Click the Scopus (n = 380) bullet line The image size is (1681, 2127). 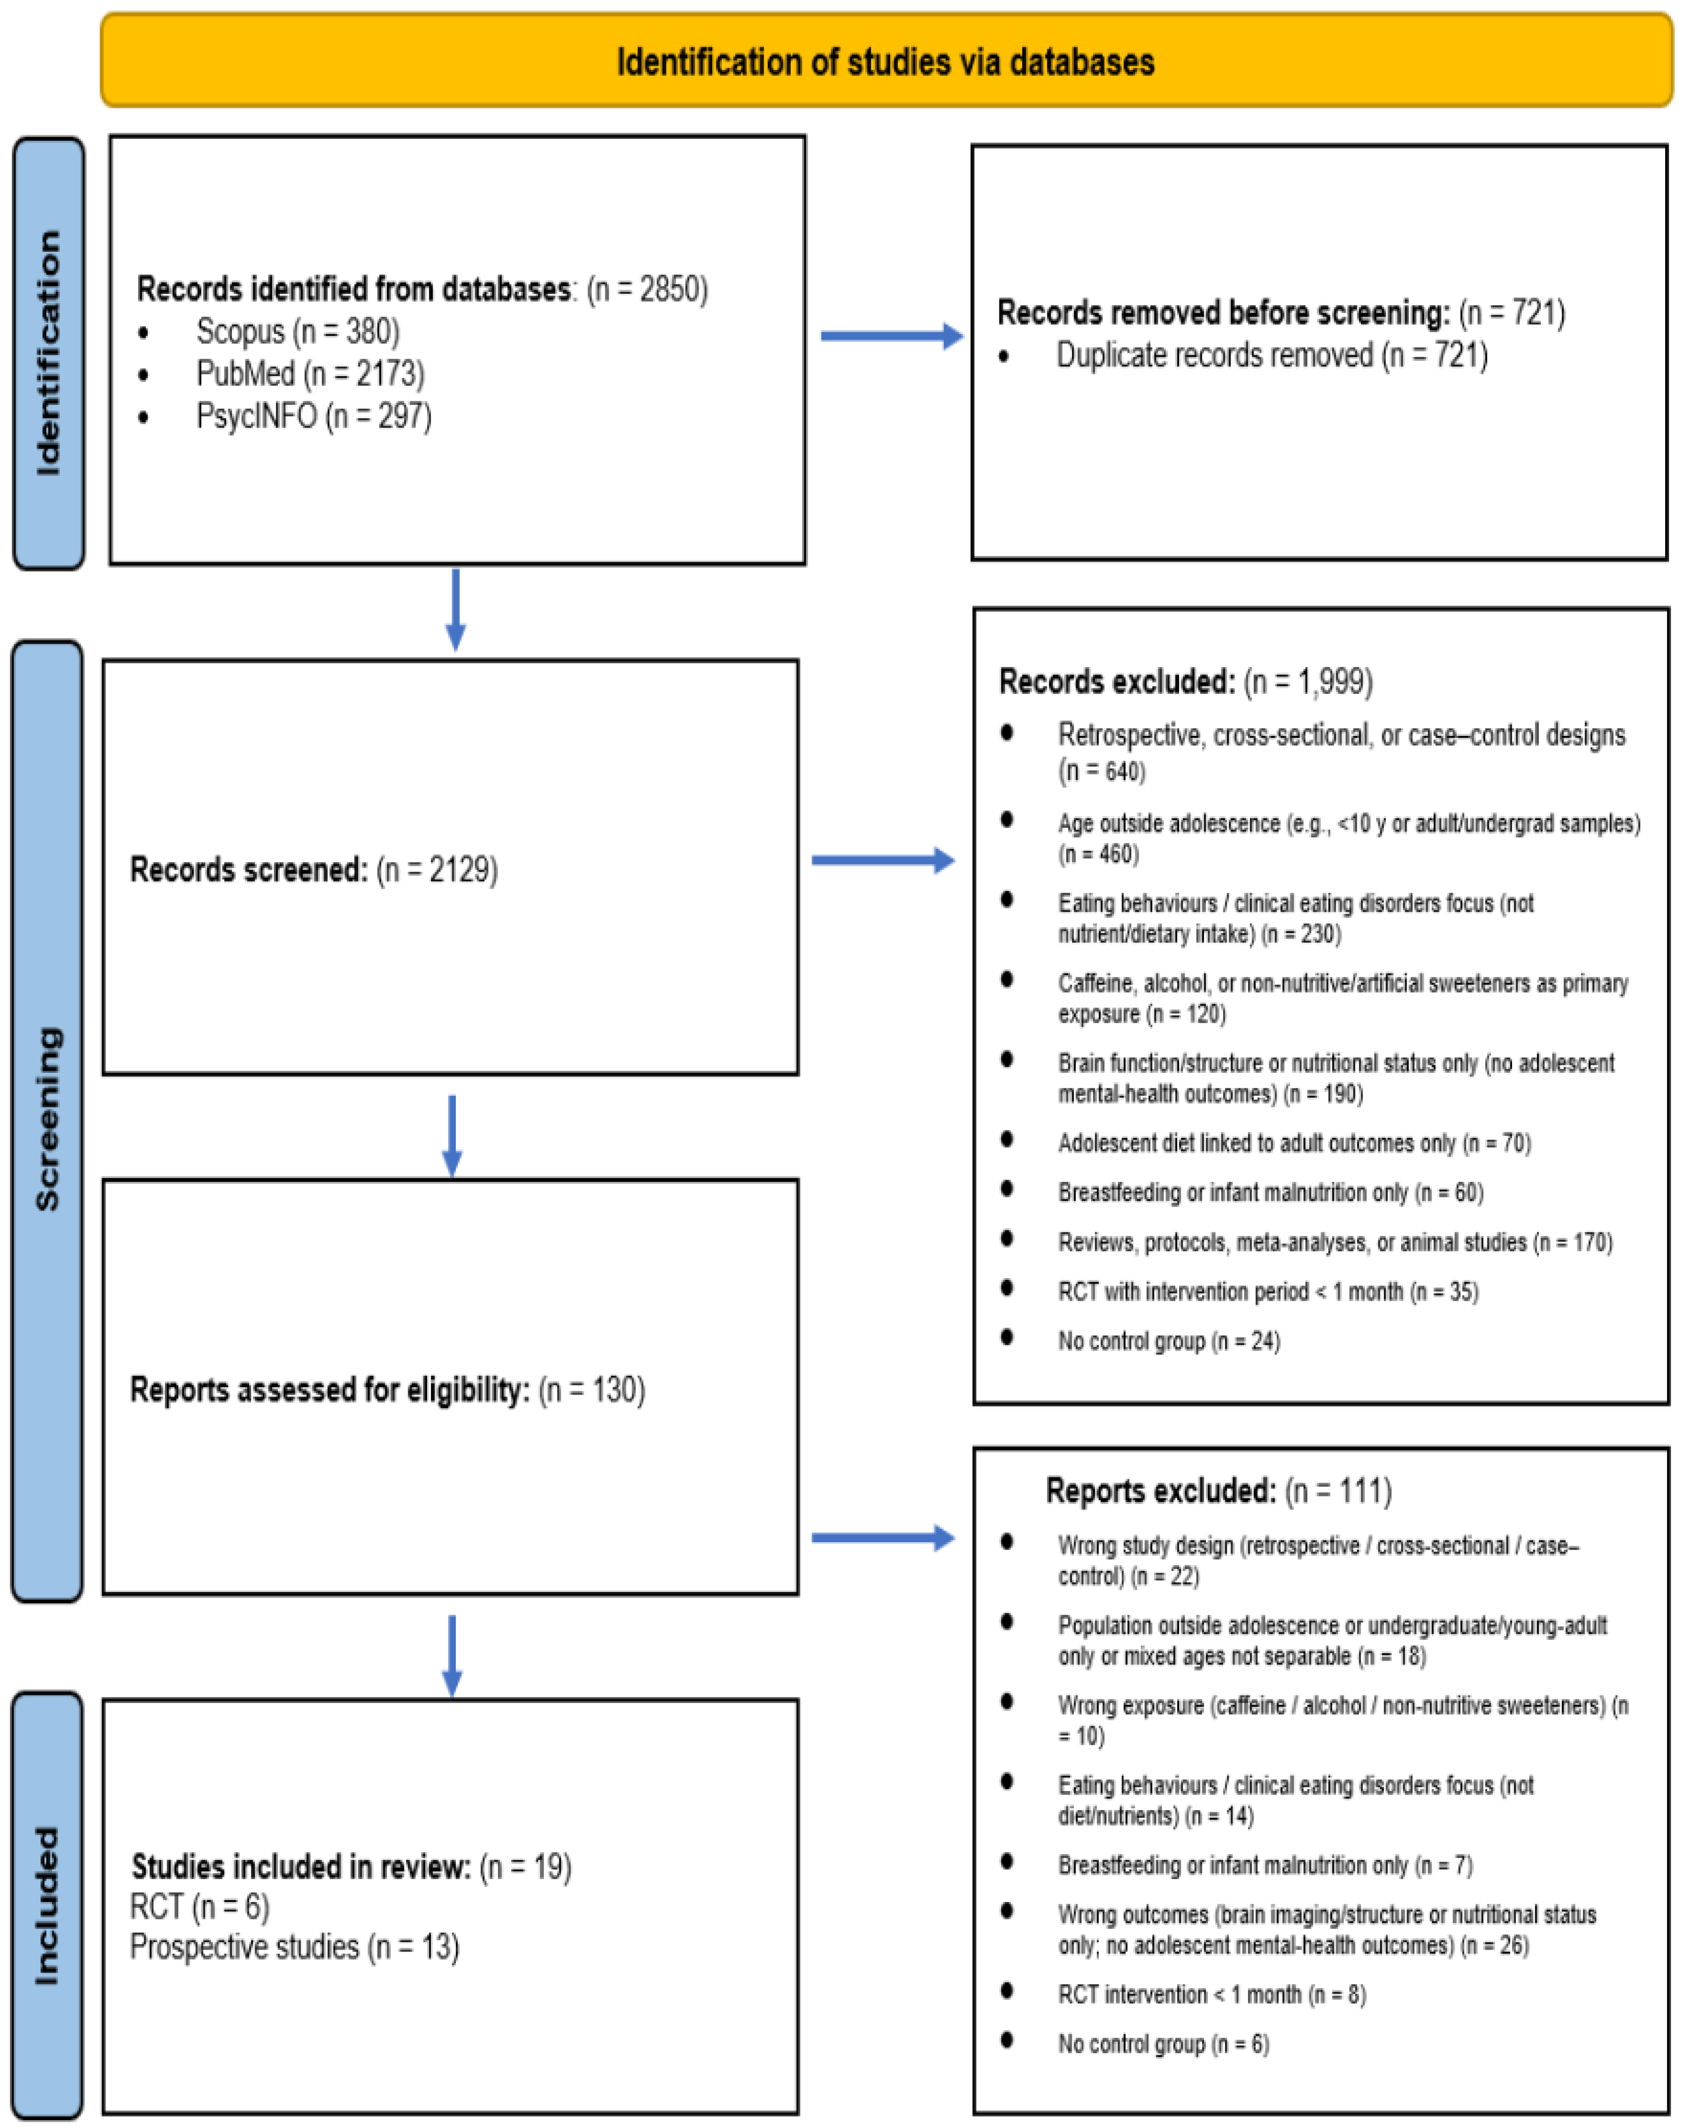(x=297, y=332)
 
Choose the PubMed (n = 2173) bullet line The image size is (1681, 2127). (x=310, y=374)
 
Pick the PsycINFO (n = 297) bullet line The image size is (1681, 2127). (x=313, y=416)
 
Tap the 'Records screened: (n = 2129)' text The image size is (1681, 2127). (x=314, y=870)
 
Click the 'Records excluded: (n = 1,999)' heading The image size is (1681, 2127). (x=1185, y=681)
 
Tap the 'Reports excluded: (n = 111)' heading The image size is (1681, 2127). (x=1218, y=1490)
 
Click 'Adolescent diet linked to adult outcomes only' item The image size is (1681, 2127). (x=1293, y=1143)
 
